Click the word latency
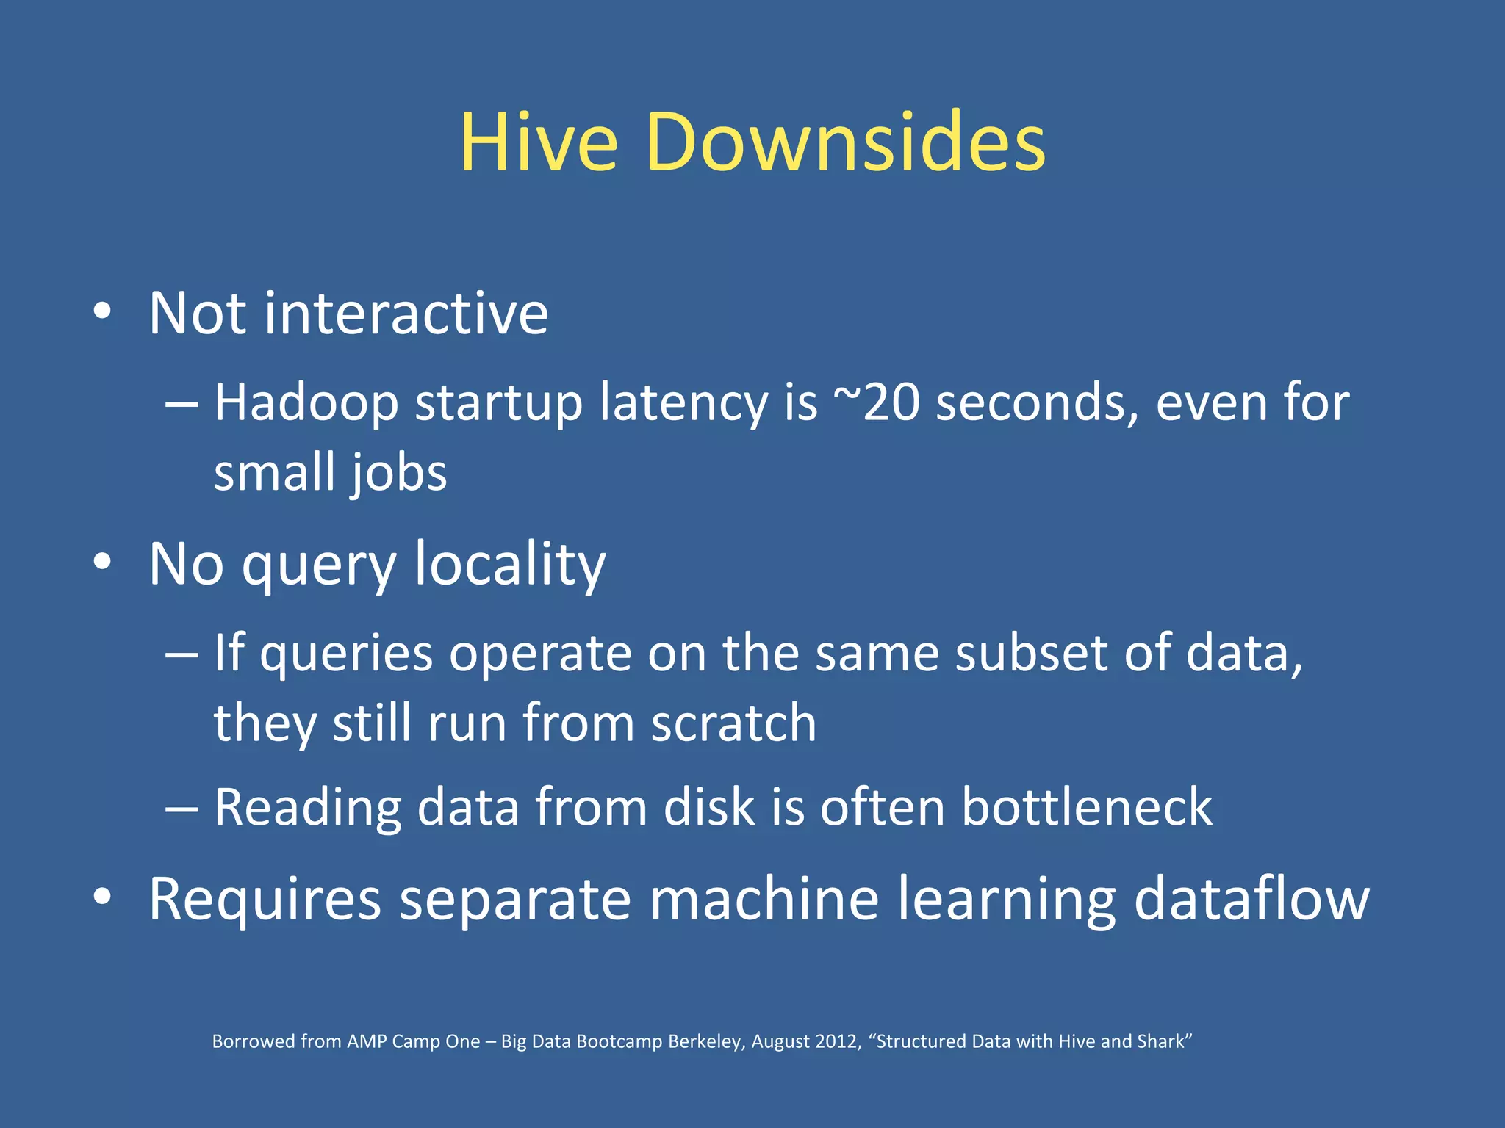pos(683,403)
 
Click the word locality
pos(510,565)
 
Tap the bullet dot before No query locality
pos(102,563)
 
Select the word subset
pos(1030,653)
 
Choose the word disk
pos(709,808)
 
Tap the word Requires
pos(265,899)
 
